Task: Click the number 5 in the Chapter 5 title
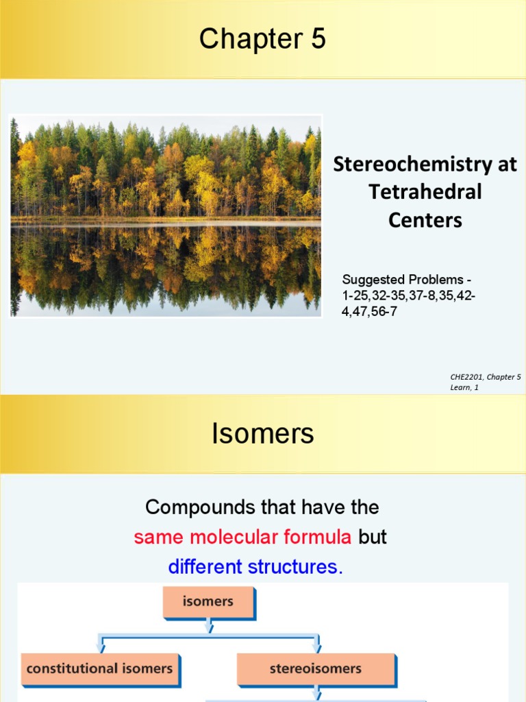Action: [x=318, y=40]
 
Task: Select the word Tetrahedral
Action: [x=425, y=192]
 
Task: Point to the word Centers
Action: [x=425, y=220]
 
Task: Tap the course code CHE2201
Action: [x=466, y=377]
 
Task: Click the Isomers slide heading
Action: [x=263, y=433]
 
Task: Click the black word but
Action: [x=373, y=537]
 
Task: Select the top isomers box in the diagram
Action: [x=208, y=602]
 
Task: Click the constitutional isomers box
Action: [x=100, y=668]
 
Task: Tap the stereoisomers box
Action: [x=316, y=668]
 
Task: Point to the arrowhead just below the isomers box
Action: [x=209, y=627]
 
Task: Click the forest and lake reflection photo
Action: [x=166, y=216]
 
